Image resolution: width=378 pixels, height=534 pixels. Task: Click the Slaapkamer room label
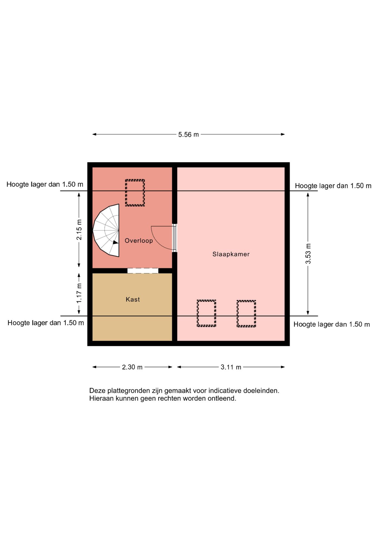(231, 254)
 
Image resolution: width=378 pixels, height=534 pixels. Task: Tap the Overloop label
(139, 241)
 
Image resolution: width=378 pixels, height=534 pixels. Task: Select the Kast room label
(133, 299)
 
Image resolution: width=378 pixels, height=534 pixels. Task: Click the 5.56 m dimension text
(188, 135)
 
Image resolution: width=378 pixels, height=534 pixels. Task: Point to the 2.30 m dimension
(132, 367)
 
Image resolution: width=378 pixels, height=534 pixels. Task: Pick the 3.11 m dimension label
(231, 367)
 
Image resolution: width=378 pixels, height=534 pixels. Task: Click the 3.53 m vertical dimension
(308, 254)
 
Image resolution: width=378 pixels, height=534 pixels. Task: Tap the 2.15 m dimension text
(79, 230)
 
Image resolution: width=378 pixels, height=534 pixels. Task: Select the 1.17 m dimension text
(79, 293)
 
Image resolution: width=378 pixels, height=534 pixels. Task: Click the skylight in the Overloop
(135, 193)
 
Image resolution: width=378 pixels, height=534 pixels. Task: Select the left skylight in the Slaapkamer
(207, 313)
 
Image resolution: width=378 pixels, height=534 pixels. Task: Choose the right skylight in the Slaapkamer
(246, 313)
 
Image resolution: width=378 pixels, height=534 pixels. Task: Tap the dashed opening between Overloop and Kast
(143, 271)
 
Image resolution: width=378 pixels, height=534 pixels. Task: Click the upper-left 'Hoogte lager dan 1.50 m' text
(45, 184)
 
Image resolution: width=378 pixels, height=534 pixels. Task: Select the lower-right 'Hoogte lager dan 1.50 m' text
(332, 324)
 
